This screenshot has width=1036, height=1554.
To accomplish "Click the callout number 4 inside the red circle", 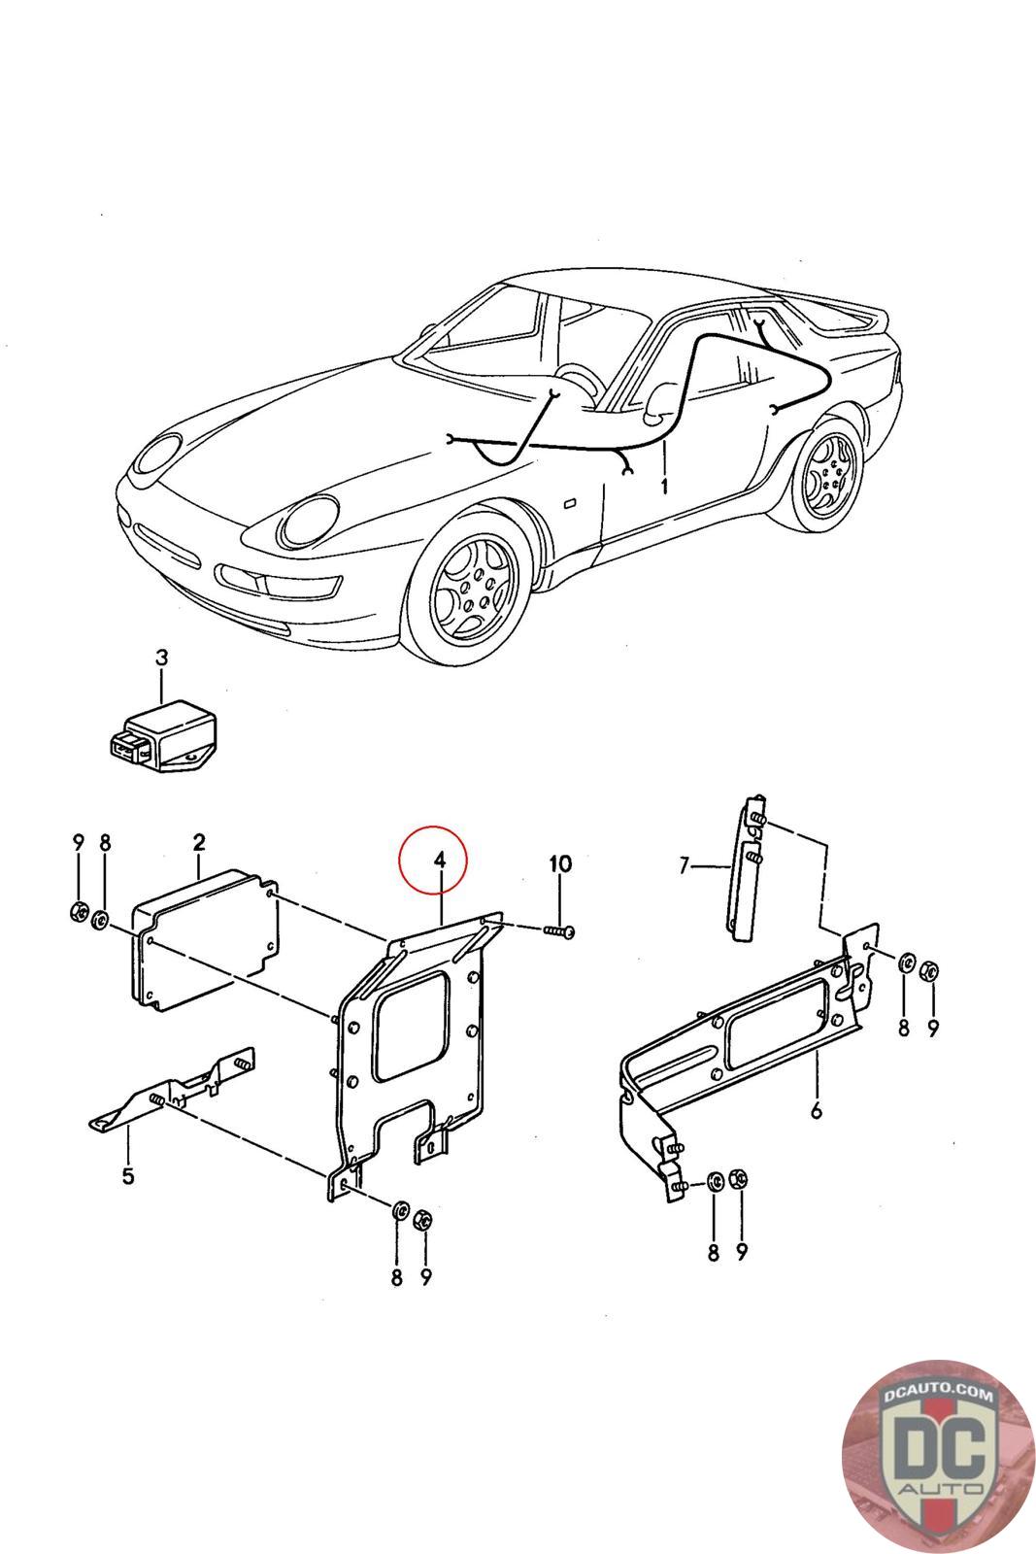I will [x=439, y=860].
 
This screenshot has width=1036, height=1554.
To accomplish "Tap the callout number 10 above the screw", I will [x=560, y=863].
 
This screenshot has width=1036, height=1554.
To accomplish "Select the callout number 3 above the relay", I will [x=161, y=658].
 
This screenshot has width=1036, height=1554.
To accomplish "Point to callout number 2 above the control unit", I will [x=198, y=841].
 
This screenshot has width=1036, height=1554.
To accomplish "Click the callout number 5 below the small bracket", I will [x=127, y=1177].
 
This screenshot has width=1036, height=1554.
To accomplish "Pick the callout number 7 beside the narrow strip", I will [x=685, y=864].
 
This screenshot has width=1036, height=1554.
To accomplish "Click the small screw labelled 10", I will [x=558, y=931].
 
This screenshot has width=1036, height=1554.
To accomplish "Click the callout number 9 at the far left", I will [x=79, y=841].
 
